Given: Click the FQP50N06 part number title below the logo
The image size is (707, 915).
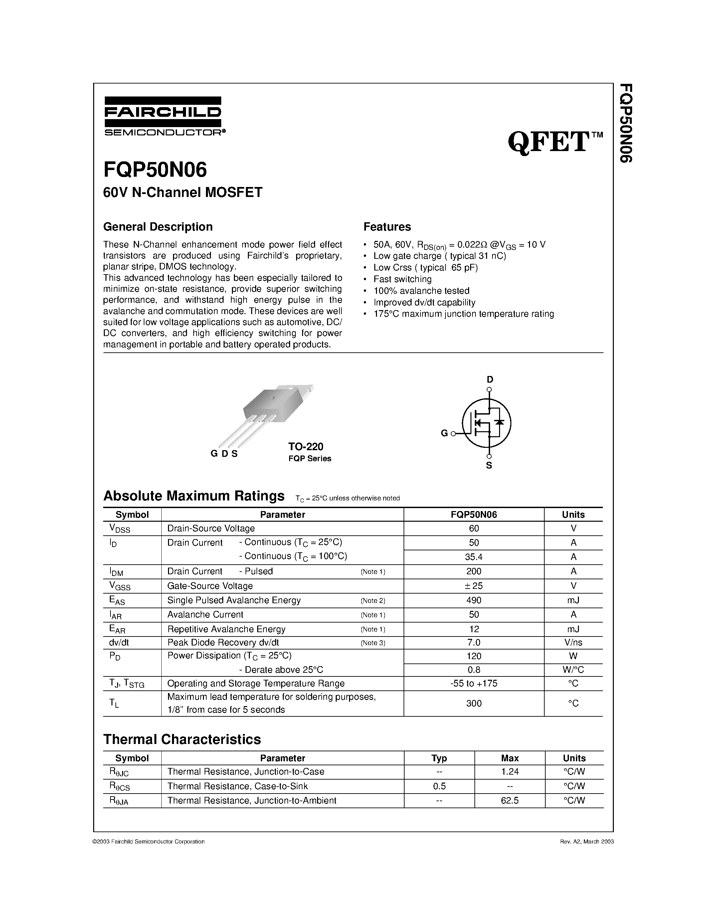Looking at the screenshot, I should (155, 170).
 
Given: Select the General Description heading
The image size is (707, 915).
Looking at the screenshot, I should (158, 227).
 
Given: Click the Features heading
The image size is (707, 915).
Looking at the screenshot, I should (387, 227).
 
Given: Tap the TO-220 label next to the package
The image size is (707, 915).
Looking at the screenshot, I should (306, 447).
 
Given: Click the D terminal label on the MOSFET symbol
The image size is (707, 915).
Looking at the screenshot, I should (490, 380).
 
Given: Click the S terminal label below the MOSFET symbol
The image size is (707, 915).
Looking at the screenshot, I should (489, 465).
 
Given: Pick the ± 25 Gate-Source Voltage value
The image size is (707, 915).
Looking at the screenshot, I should (474, 586).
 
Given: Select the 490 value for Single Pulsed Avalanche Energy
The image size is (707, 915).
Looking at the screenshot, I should (474, 600).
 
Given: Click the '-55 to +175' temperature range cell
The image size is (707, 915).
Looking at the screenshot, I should (474, 683).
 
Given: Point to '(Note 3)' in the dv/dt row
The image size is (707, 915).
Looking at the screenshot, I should (373, 643).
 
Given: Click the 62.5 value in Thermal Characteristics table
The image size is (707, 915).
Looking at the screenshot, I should (510, 801).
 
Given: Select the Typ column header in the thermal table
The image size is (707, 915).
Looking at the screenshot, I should (439, 758).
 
